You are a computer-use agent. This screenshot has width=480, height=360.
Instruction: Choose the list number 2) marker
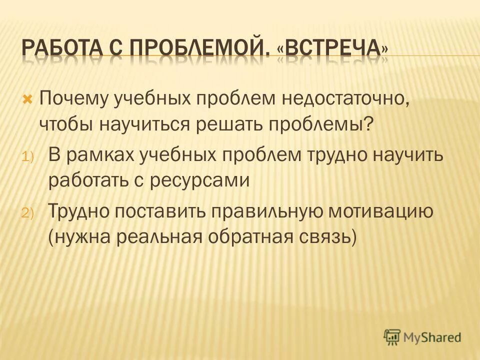[x=26, y=213]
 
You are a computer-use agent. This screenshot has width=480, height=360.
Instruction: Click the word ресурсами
[x=207, y=179]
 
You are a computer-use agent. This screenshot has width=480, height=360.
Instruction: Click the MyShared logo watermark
[x=422, y=336]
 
